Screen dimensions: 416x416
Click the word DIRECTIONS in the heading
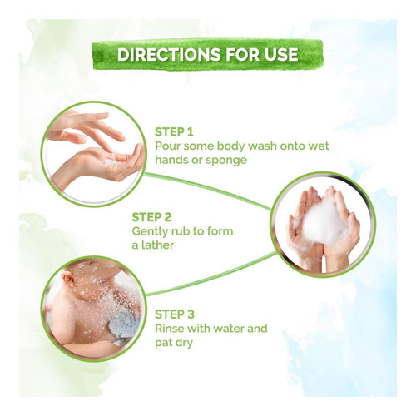pyautogui.click(x=169, y=54)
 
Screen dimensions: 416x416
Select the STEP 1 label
pyautogui.click(x=174, y=132)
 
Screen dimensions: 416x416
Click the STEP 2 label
pyautogui.click(x=151, y=217)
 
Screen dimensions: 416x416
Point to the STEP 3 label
pyautogui.click(x=175, y=314)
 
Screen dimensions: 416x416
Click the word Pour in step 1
pyautogui.click(x=167, y=146)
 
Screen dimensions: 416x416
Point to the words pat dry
pyautogui.click(x=174, y=344)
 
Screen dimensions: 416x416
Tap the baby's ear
pyautogui.click(x=69, y=280)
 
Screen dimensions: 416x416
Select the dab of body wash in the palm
pyautogui.click(x=111, y=162)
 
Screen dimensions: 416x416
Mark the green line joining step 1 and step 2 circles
pyautogui.click(x=207, y=191)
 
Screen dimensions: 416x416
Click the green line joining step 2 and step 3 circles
pyautogui.click(x=211, y=274)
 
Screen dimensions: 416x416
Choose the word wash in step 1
pyautogui.click(x=261, y=146)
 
